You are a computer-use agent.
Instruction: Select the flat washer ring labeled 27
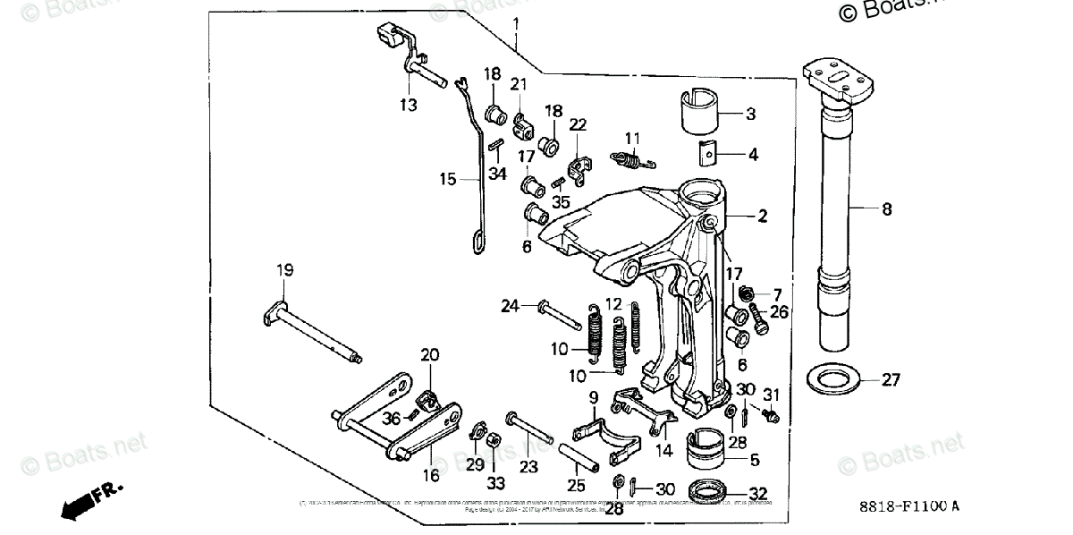pyautogui.click(x=836, y=378)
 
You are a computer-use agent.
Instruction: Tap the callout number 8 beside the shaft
pyautogui.click(x=886, y=210)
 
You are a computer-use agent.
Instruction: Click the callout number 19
pyautogui.click(x=284, y=270)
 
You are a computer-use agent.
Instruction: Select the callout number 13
pyautogui.click(x=408, y=106)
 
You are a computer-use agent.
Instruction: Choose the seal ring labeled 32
pyautogui.click(x=712, y=491)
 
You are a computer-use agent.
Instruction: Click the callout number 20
pyautogui.click(x=430, y=354)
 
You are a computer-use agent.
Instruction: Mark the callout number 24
pyautogui.click(x=510, y=306)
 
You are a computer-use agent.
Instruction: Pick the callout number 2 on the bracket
pyautogui.click(x=762, y=216)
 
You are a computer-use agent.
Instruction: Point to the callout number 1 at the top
pyautogui.click(x=516, y=23)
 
